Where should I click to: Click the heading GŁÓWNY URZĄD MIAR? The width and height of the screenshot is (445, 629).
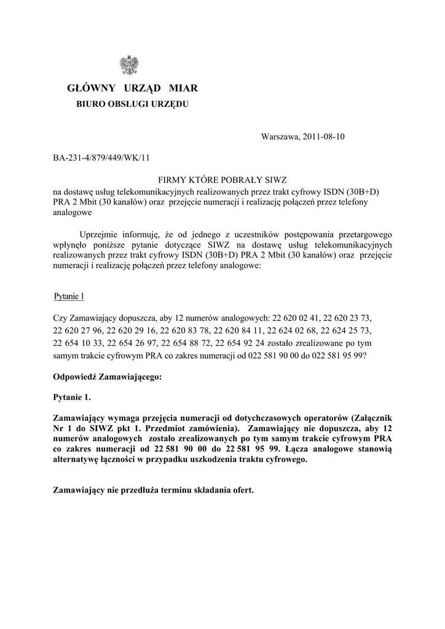pyautogui.click(x=132, y=89)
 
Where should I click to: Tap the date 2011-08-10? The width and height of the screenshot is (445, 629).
pyautogui.click(x=325, y=136)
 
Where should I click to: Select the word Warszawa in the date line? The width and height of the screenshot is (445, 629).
pyautogui.click(x=279, y=136)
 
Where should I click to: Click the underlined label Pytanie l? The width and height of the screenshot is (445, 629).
pyautogui.click(x=69, y=297)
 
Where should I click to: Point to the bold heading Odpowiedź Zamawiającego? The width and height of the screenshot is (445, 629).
pyautogui.click(x=108, y=377)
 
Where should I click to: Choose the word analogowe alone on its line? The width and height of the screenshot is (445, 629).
pyautogui.click(x=73, y=213)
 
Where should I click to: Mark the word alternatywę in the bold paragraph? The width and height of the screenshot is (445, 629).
pyautogui.click(x=78, y=459)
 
